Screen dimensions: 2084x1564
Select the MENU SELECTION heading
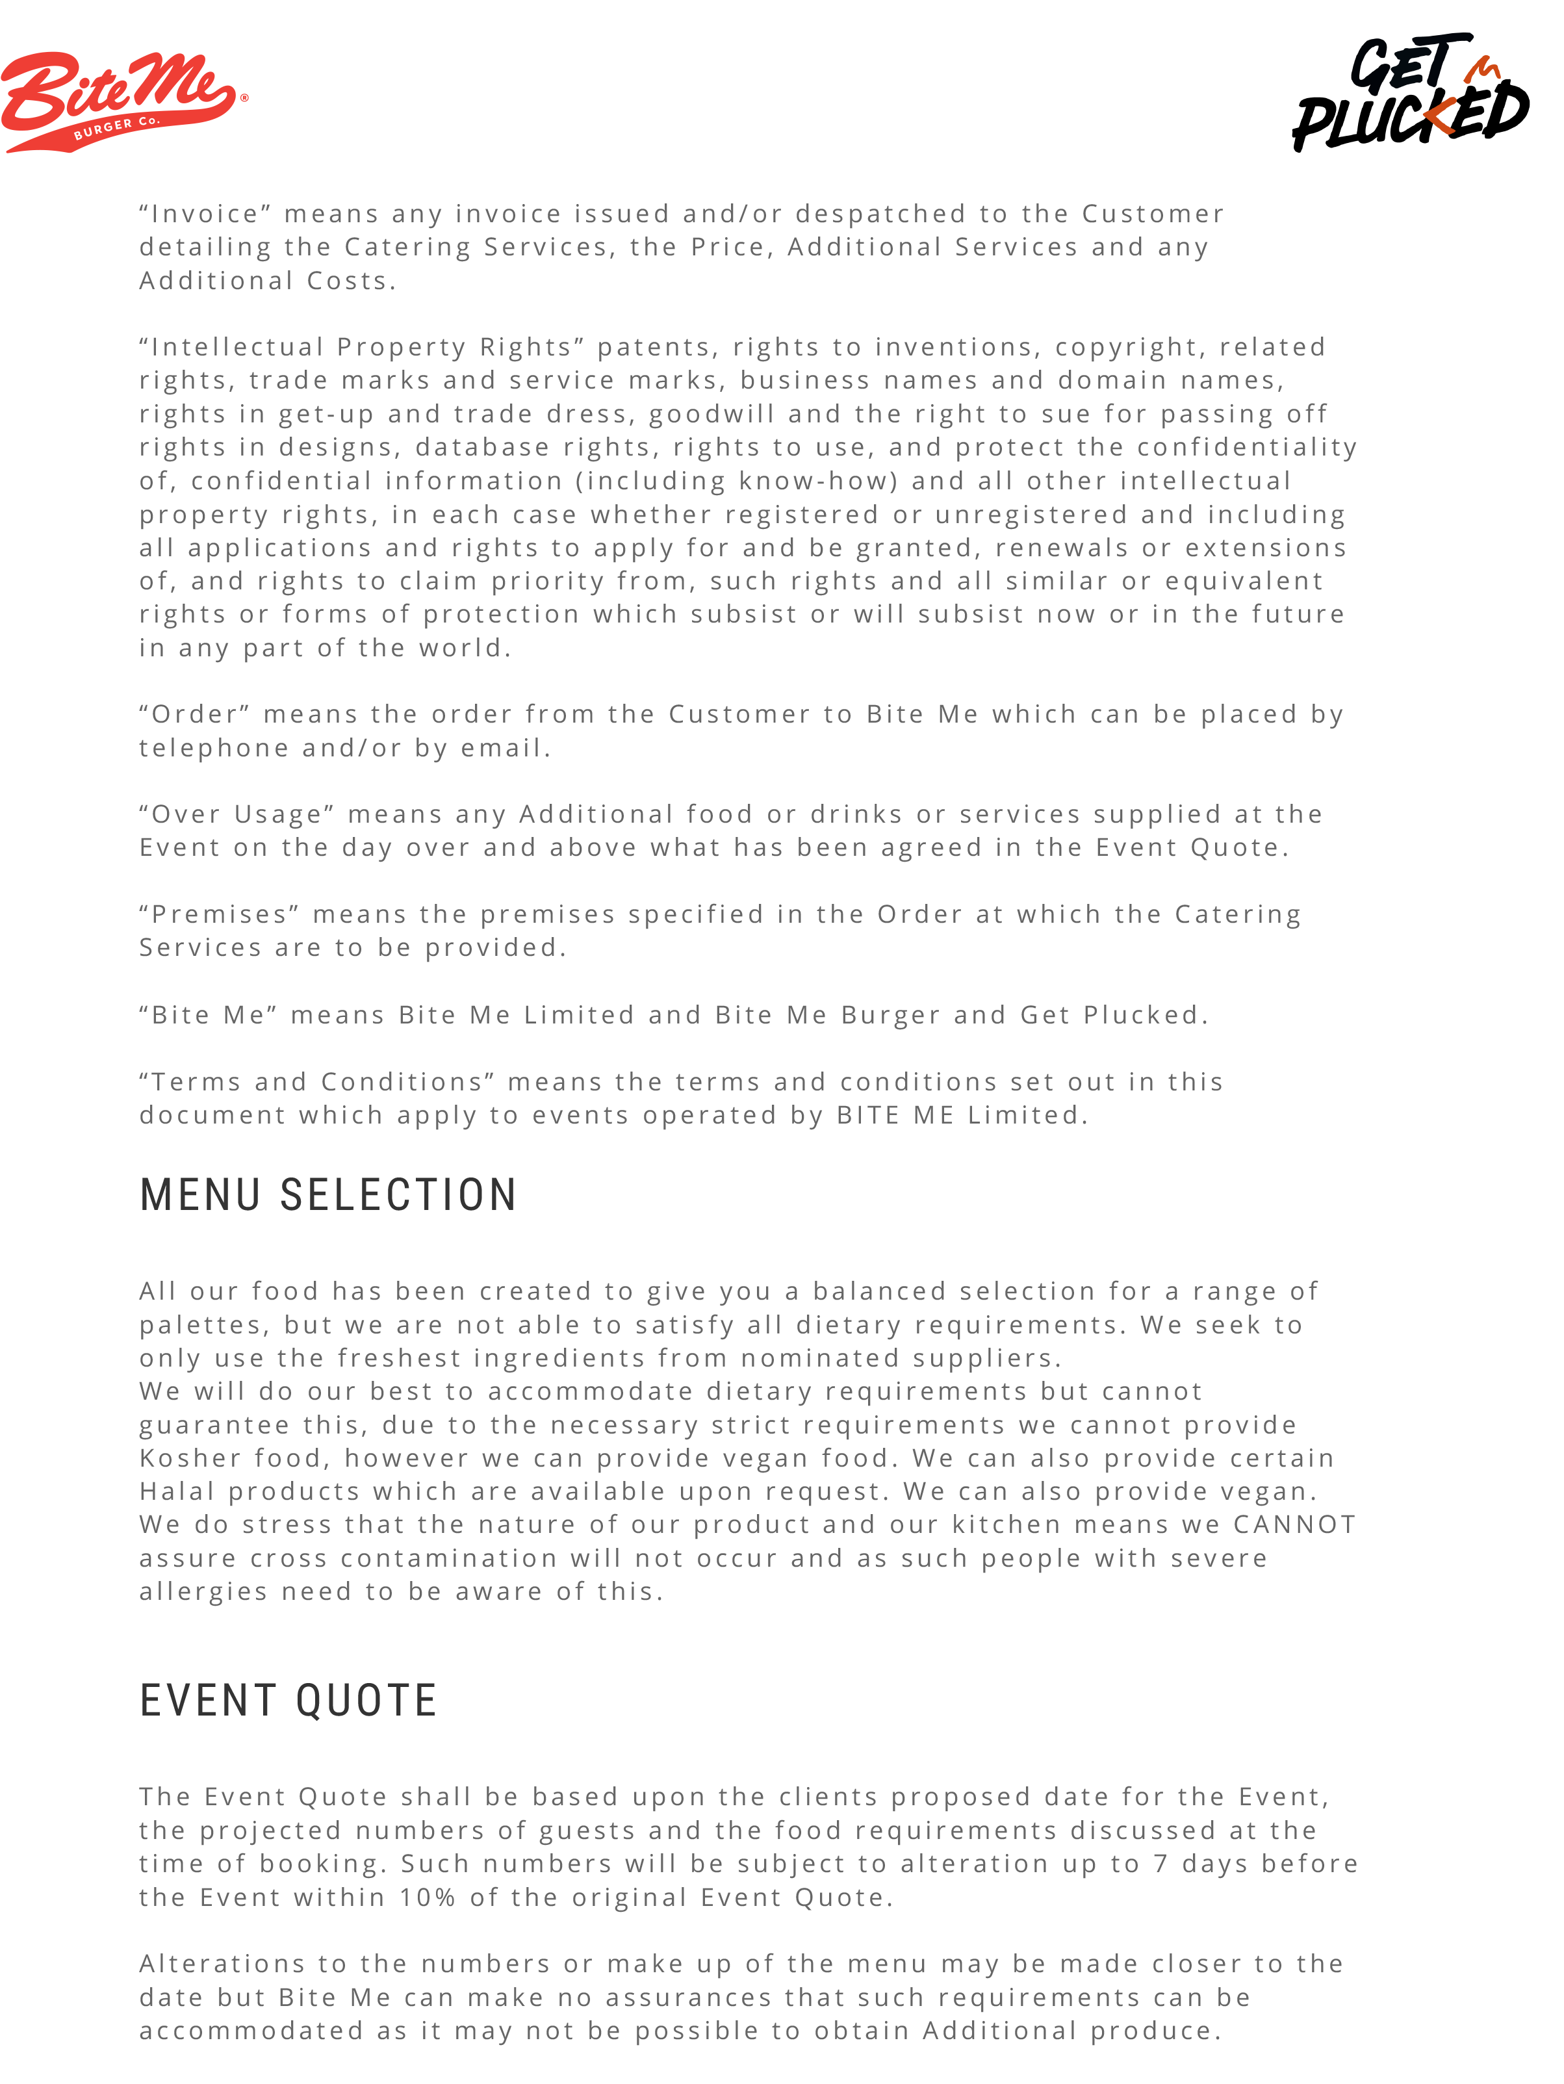[328, 1194]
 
